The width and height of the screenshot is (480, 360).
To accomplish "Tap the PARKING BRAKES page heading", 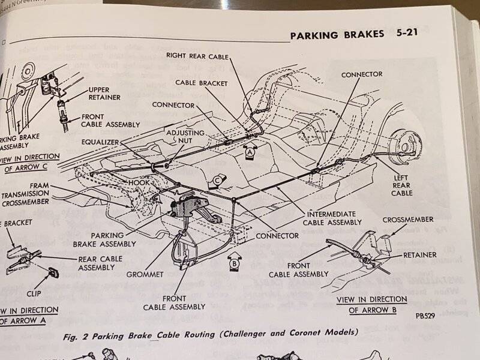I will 337,35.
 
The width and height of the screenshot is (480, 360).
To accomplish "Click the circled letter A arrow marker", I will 251,152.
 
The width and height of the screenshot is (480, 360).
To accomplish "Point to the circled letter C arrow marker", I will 218,179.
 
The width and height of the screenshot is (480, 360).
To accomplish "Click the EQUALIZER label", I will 103,142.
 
